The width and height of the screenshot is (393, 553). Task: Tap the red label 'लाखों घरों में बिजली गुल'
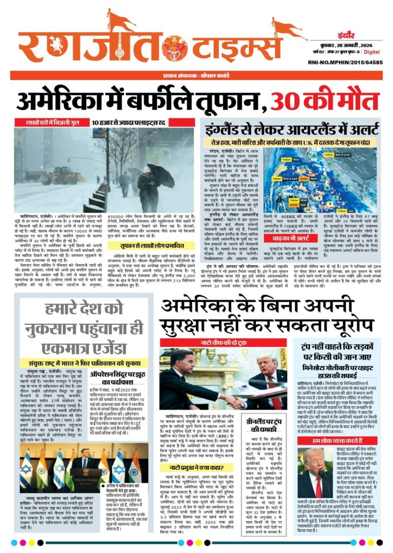(52, 122)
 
